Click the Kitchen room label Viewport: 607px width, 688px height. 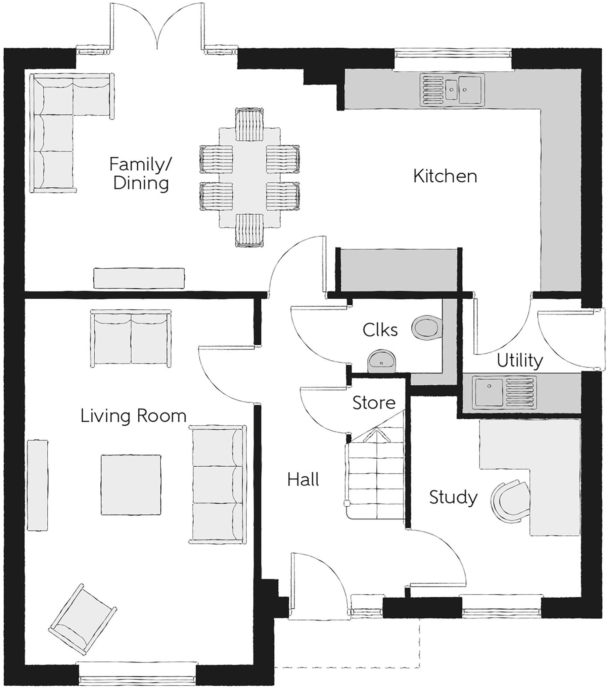pos(445,176)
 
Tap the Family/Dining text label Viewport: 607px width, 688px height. pos(140,174)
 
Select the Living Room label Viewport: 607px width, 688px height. pos(133,416)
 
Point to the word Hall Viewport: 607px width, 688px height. pos(303,479)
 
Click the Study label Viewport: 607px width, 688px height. pos(453,497)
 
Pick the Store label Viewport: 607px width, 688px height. pos(373,402)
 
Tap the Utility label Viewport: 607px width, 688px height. pos(520,360)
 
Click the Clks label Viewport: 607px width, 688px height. pos(380,330)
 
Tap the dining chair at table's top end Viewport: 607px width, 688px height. pos(249,125)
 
